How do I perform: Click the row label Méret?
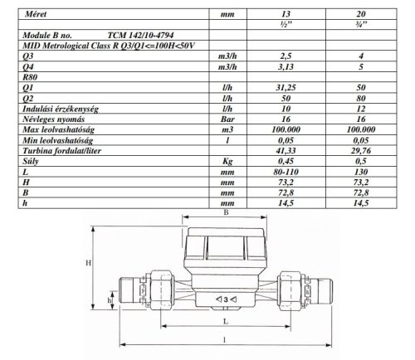tap(36, 14)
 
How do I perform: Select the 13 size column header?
tap(286, 14)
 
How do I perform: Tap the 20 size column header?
tap(361, 14)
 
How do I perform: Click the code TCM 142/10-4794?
tap(140, 35)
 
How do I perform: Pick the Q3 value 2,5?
tap(286, 56)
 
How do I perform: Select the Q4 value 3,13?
tap(286, 66)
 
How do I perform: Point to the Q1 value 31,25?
tap(286, 88)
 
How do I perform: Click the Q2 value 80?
tap(361, 98)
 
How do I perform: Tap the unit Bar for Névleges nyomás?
tap(227, 119)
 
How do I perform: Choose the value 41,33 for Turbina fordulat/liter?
tap(286, 151)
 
